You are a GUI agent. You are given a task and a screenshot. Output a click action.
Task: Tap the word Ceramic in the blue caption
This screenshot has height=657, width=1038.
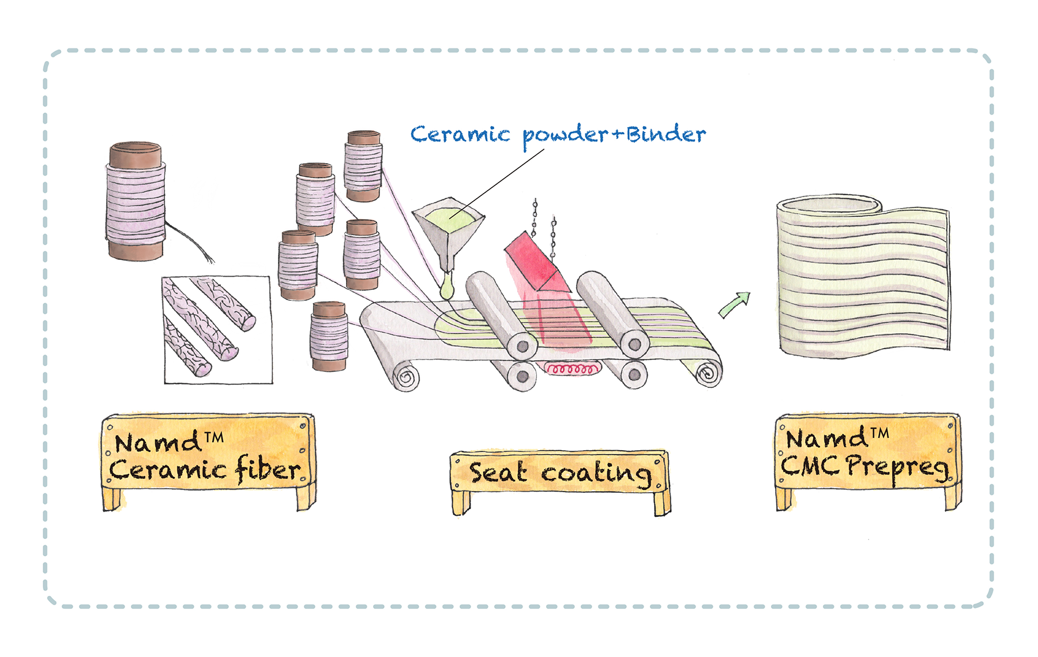click(x=460, y=134)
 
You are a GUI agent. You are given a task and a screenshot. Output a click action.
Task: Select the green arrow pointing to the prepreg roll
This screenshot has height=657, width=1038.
click(x=735, y=304)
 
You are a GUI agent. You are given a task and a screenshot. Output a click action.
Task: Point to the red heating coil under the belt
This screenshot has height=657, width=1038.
click(x=570, y=368)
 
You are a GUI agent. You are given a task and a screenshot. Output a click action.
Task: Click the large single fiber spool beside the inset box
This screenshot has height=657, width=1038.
click(x=136, y=201)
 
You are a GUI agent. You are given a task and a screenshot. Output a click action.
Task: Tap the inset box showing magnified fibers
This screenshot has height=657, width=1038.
click(x=218, y=330)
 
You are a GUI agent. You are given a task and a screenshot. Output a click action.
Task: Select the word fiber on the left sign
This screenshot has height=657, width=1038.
click(x=268, y=470)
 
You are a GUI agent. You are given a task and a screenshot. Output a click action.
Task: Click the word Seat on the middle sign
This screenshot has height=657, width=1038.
click(x=498, y=473)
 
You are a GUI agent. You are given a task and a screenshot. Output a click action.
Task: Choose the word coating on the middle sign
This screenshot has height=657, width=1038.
click(x=597, y=474)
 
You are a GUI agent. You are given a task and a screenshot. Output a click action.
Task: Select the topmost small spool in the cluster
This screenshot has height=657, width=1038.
click(x=363, y=165)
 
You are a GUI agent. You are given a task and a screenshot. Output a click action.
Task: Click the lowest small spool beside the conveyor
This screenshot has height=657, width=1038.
click(x=329, y=336)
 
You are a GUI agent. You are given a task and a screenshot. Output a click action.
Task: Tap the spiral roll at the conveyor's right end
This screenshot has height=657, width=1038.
click(x=708, y=373)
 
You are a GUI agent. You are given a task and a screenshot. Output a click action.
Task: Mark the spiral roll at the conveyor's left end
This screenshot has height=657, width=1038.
click(x=406, y=377)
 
